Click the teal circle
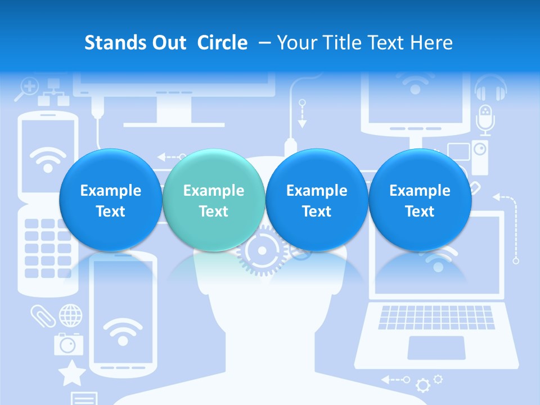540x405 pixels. tap(213, 200)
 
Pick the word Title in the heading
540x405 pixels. tap(341, 43)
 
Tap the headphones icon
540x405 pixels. tap(490, 89)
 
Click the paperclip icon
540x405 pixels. tap(43, 316)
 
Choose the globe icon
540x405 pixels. tap(70, 315)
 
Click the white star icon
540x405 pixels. tap(72, 373)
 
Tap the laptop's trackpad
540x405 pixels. tap(436, 347)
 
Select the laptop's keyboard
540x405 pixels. tap(436, 317)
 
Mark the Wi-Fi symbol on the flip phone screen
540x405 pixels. tap(47, 160)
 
